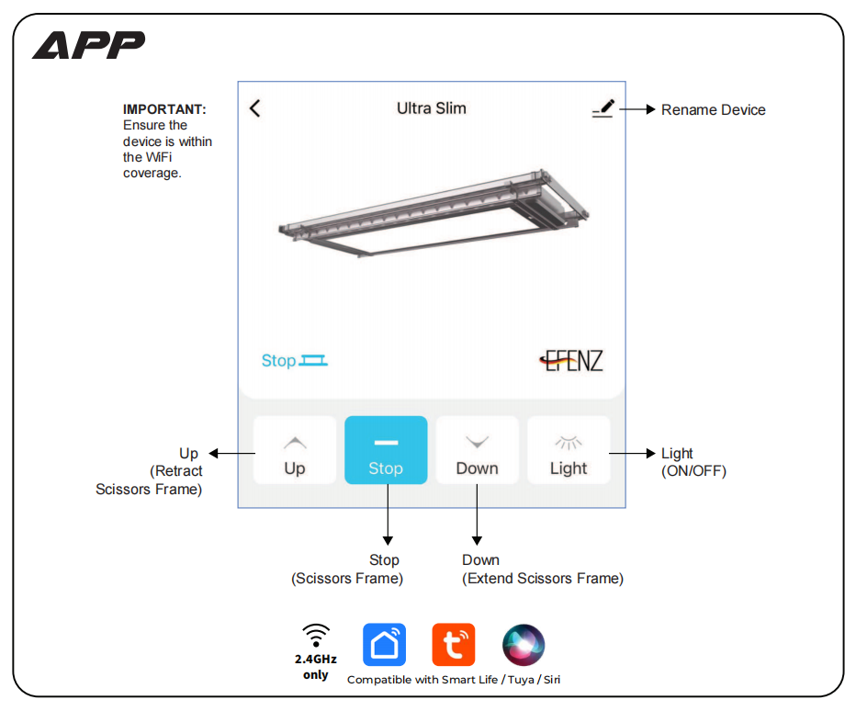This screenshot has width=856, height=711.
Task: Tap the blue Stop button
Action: (x=386, y=450)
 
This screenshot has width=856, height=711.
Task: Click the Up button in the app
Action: (x=295, y=450)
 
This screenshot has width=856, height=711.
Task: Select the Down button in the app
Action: (x=477, y=450)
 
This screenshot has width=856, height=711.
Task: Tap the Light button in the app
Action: (x=569, y=450)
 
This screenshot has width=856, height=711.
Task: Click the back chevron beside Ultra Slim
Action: (x=255, y=108)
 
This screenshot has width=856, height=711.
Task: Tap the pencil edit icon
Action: (x=603, y=109)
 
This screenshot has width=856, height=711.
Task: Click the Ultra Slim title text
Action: (x=432, y=108)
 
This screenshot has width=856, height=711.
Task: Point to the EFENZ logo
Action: (x=571, y=360)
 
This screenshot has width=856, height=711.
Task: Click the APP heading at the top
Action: (x=89, y=45)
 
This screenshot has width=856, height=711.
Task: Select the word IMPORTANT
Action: (x=164, y=109)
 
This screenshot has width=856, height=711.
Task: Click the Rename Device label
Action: (x=713, y=110)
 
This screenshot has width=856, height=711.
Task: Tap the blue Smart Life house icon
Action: (x=384, y=645)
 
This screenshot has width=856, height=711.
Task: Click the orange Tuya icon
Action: (x=454, y=645)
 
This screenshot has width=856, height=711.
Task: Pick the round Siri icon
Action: (x=524, y=645)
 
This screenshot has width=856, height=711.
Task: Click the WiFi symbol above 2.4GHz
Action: (x=316, y=634)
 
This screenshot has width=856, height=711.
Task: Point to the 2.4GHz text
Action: (x=316, y=660)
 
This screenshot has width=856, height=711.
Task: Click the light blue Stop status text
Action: (x=278, y=361)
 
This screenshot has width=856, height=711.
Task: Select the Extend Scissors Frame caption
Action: (x=543, y=579)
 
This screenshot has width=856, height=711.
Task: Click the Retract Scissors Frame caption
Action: (x=150, y=480)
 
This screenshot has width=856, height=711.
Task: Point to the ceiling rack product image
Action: (x=432, y=216)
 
